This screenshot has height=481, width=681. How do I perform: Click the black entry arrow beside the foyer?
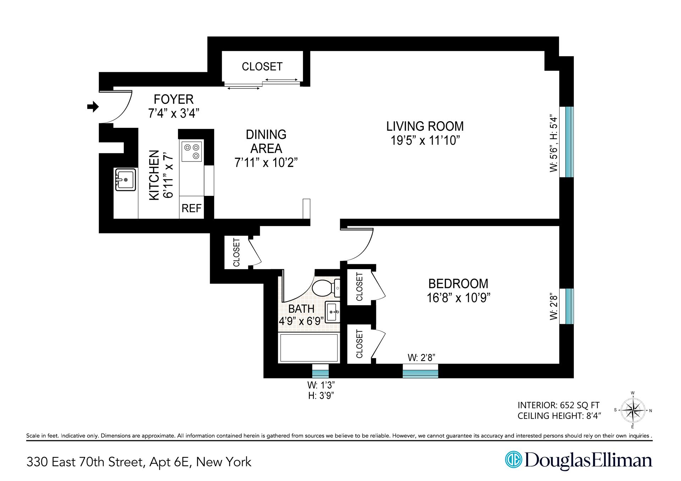(x=93, y=106)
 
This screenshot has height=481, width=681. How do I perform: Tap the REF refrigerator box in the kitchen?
(x=192, y=208)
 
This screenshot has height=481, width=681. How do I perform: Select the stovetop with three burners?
(x=192, y=151)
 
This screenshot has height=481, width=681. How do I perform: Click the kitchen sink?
(x=125, y=180)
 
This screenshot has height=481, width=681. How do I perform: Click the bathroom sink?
(x=333, y=312)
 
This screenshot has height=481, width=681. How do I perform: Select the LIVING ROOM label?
(x=425, y=126)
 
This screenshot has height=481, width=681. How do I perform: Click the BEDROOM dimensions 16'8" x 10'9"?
(x=458, y=298)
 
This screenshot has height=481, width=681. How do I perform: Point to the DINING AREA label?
(x=266, y=141)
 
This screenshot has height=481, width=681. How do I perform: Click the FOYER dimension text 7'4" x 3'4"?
(x=173, y=113)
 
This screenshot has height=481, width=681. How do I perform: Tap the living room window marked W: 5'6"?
(x=566, y=142)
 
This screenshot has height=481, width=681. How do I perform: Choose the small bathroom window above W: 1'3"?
(x=320, y=372)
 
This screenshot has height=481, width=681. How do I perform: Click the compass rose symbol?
(x=633, y=411)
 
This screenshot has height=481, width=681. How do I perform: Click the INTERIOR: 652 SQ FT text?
(x=558, y=405)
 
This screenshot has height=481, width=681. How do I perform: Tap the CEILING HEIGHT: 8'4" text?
(x=559, y=416)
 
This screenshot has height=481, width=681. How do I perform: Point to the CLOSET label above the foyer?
(x=262, y=67)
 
